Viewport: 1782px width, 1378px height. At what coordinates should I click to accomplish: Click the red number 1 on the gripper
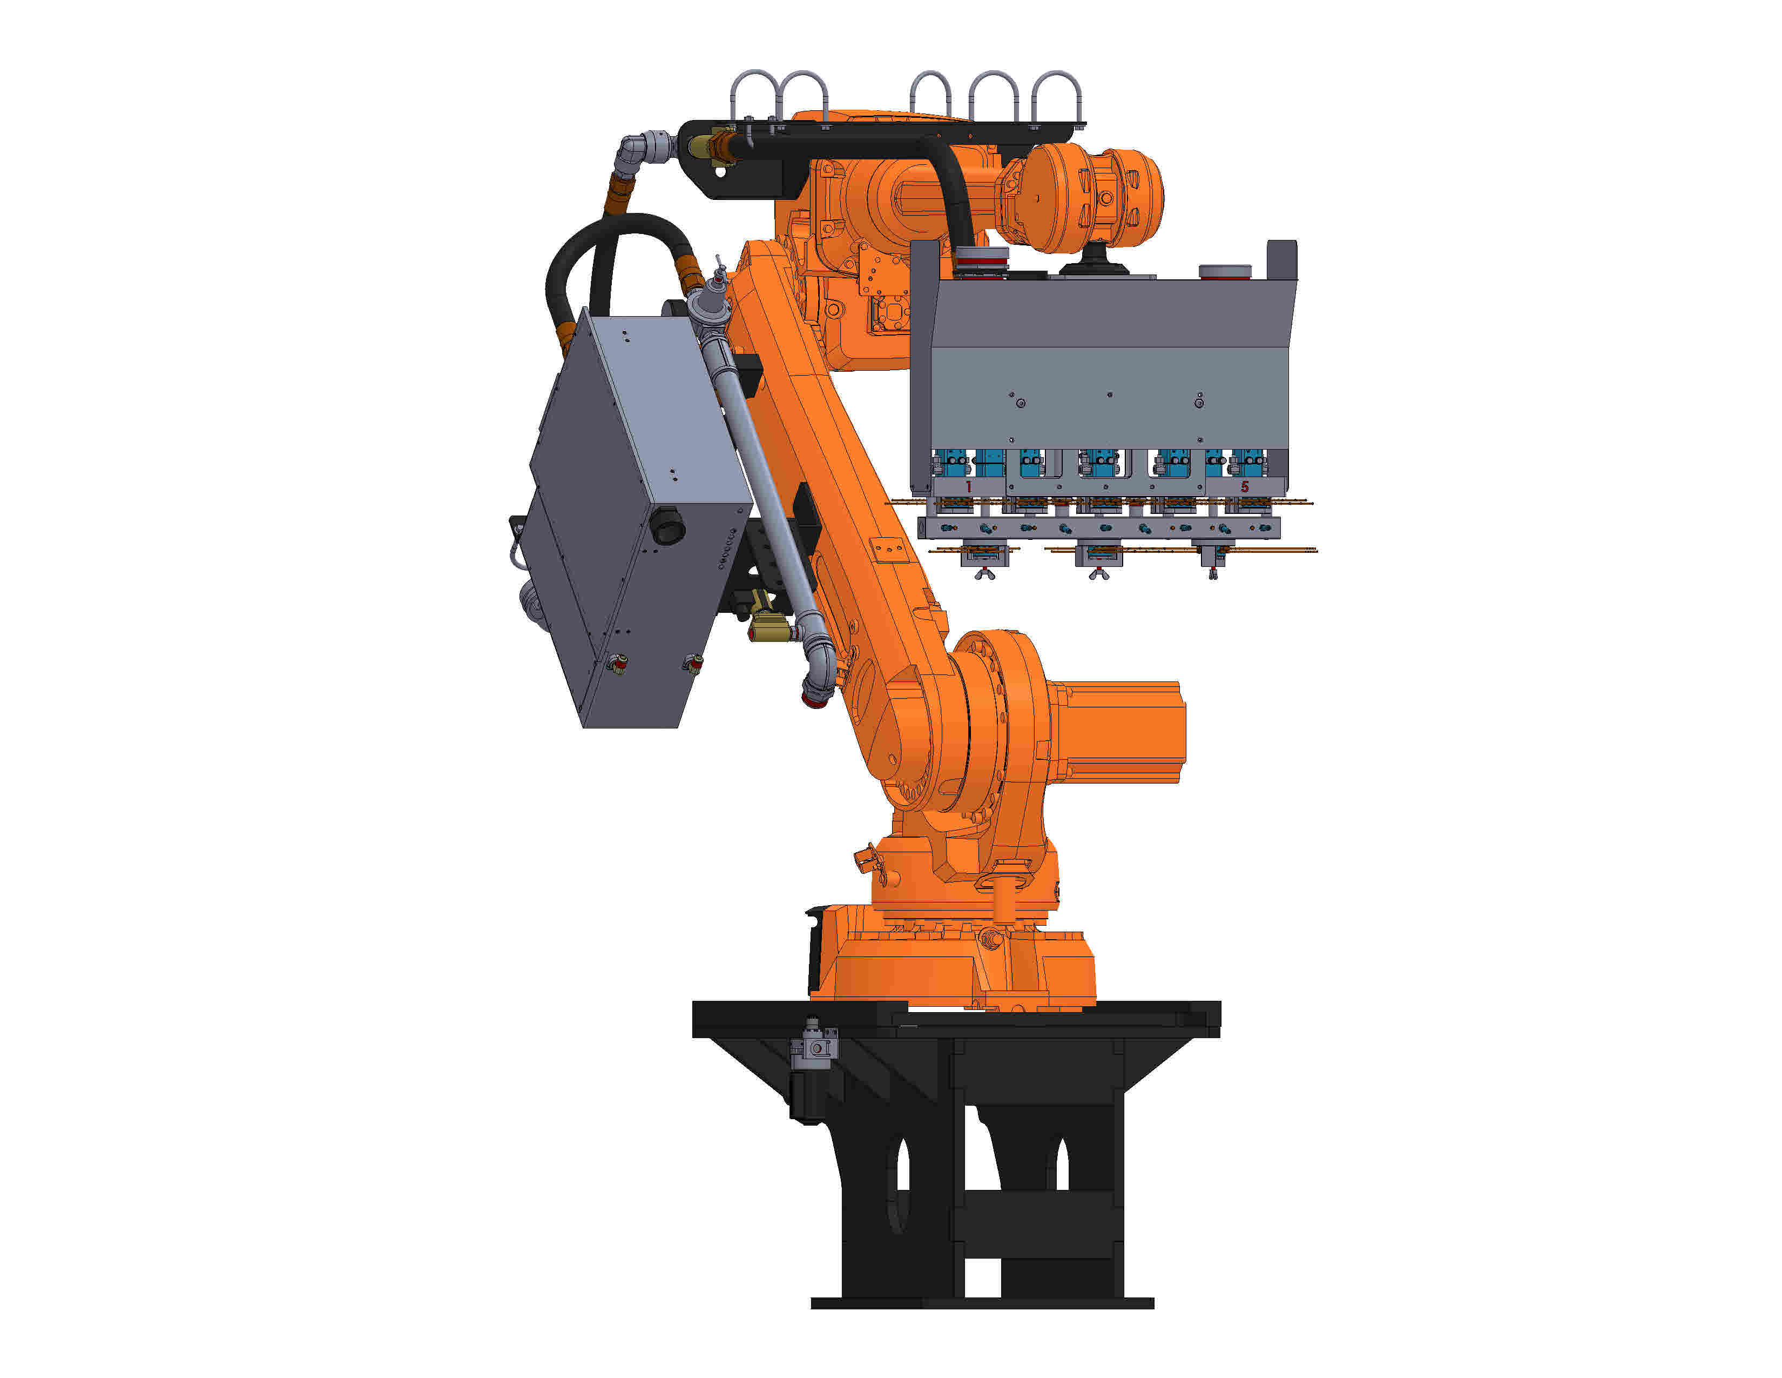point(969,486)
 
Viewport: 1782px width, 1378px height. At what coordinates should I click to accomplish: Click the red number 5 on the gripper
point(1244,486)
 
